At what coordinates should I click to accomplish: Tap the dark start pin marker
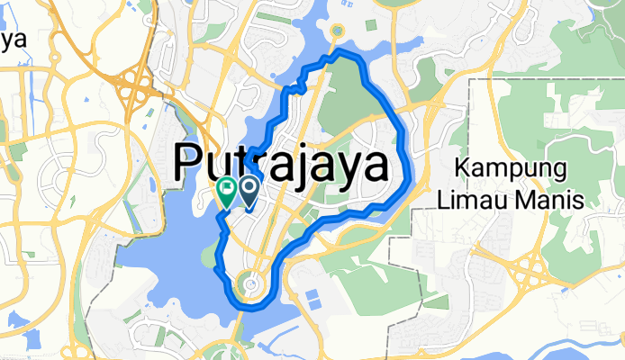tap(247, 189)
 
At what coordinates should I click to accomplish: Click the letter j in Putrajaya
tap(309, 167)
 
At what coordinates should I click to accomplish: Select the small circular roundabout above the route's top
tap(338, 31)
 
